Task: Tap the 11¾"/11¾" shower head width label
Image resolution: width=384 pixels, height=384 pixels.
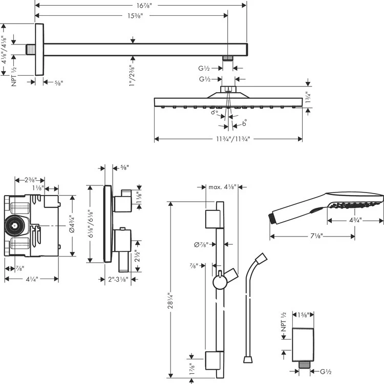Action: [x=228, y=139]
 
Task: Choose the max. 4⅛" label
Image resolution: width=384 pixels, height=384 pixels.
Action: [x=222, y=187]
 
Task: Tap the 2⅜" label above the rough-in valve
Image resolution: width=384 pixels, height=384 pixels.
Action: [x=29, y=180]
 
